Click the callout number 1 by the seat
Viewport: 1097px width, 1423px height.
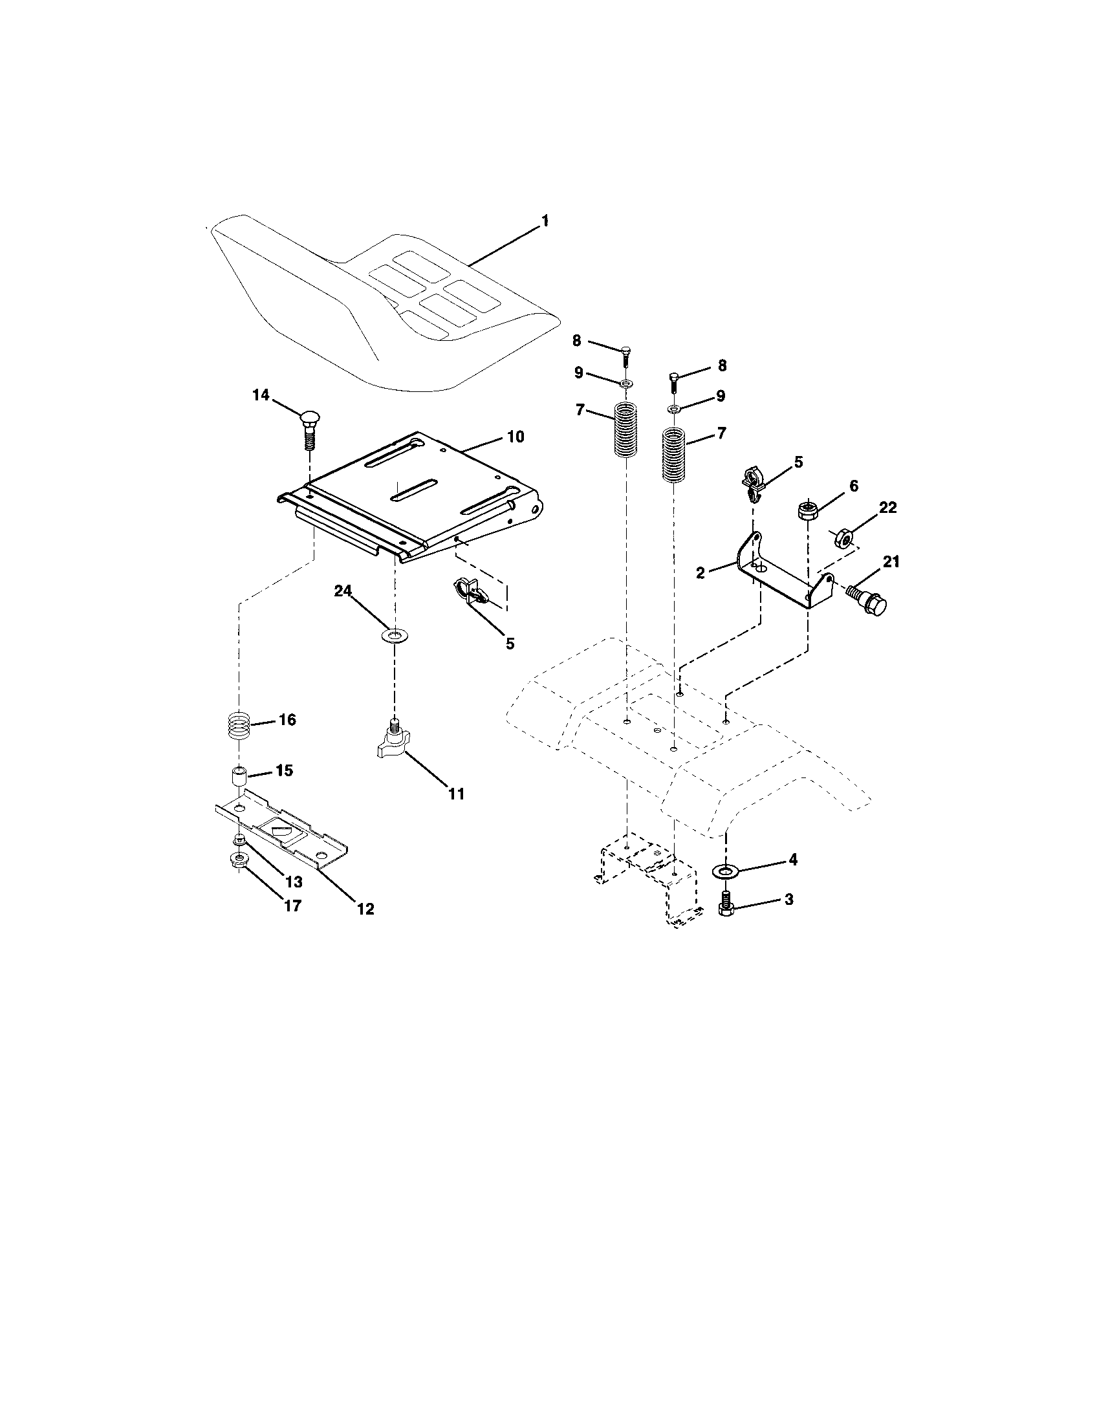pos(545,221)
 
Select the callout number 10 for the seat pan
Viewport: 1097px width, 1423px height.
pos(516,437)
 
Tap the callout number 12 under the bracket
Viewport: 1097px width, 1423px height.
pos(366,909)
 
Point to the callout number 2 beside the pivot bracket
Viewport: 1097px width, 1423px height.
pos(701,573)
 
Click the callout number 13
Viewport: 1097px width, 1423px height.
pos(294,882)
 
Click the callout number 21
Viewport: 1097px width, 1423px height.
pos(891,561)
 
